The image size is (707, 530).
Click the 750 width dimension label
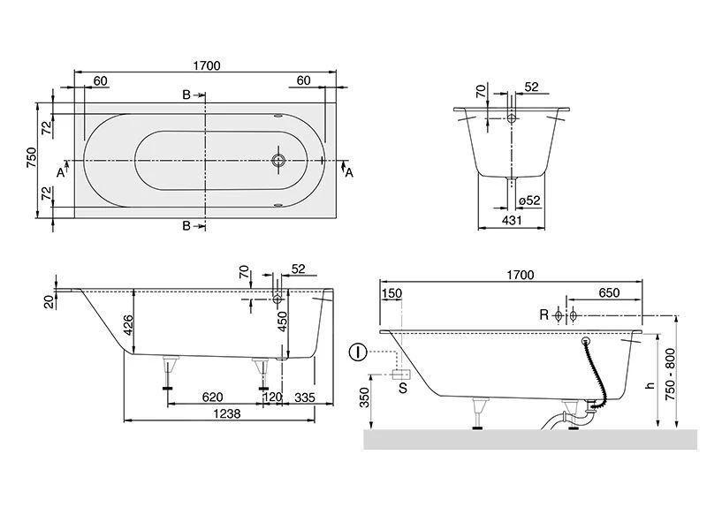click(x=31, y=157)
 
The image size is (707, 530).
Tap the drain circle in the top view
click(x=278, y=160)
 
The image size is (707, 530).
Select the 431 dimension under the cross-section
click(x=512, y=220)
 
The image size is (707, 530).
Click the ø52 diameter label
click(x=528, y=201)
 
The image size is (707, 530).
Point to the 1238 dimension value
click(x=227, y=413)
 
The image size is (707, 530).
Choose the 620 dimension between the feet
click(x=212, y=397)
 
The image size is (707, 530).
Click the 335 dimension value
click(x=305, y=397)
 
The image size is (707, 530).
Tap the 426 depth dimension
click(x=128, y=325)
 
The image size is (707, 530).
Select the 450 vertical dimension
click(x=282, y=322)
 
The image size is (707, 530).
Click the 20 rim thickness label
click(x=49, y=301)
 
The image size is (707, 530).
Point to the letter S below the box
click(x=403, y=388)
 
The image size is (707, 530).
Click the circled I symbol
click(x=359, y=352)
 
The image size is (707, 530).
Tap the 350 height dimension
click(x=364, y=397)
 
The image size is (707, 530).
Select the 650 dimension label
click(x=609, y=293)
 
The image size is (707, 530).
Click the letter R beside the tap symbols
click(x=544, y=314)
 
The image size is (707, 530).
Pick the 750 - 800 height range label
click(x=671, y=375)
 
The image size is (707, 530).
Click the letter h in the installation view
click(x=650, y=385)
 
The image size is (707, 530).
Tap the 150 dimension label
click(x=392, y=293)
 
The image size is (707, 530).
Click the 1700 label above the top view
click(x=207, y=65)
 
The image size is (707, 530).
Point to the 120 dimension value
click(x=272, y=397)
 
